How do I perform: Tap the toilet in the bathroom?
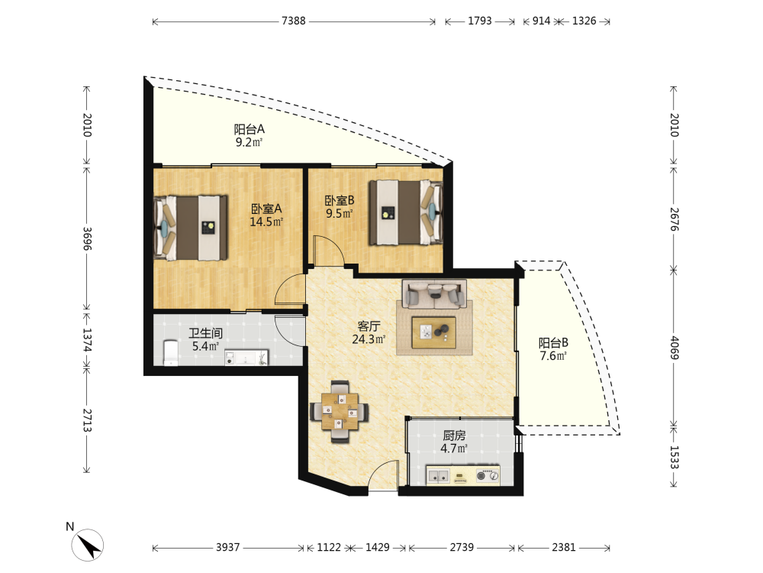170,353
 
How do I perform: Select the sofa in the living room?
434,293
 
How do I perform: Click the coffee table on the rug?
434,333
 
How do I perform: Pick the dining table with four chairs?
340,412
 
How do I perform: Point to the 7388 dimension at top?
294,21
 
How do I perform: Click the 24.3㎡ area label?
369,339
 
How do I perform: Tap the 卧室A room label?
266,209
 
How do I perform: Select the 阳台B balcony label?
553,342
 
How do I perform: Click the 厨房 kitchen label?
454,435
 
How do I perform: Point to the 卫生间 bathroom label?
206,333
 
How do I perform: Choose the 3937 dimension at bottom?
227,547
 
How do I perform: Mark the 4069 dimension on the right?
674,348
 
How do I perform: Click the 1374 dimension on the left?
87,340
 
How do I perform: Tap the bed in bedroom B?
406,212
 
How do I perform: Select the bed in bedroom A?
191,228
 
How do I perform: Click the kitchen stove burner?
487,475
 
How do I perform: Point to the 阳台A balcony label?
250,129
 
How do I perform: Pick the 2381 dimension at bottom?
564,547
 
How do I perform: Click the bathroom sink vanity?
246,358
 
